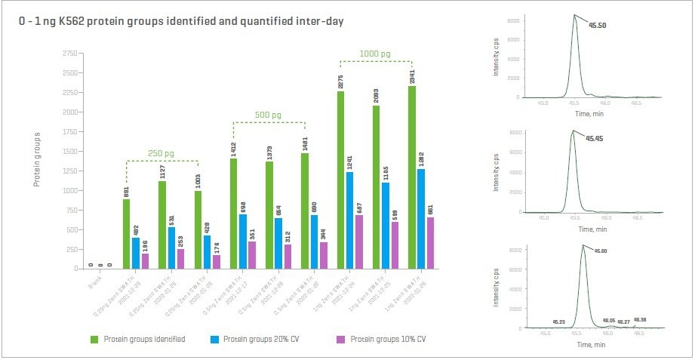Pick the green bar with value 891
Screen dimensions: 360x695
126,234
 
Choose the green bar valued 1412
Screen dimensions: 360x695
233,214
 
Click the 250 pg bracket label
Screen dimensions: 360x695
161,153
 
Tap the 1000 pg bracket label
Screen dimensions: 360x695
375,54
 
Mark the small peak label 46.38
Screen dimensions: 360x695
639,320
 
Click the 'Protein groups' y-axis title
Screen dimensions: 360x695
37,159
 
